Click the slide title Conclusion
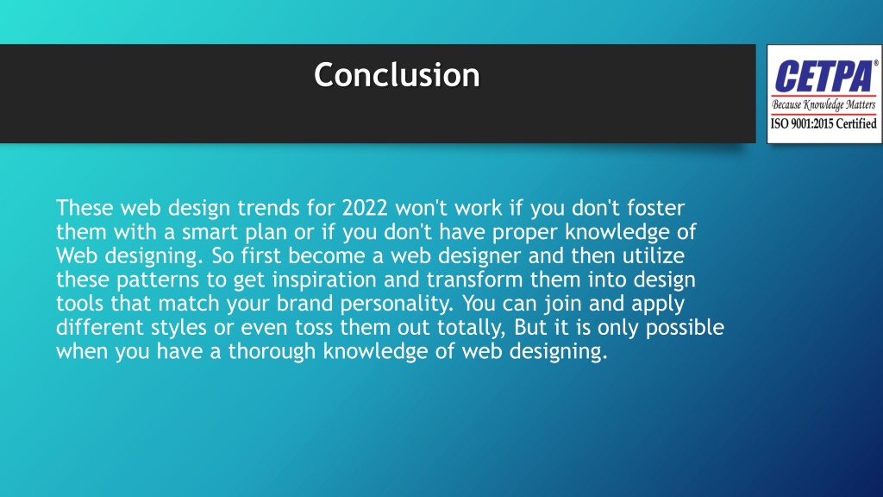click(x=397, y=76)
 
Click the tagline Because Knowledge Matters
click(x=823, y=105)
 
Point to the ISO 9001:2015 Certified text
click(x=823, y=123)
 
